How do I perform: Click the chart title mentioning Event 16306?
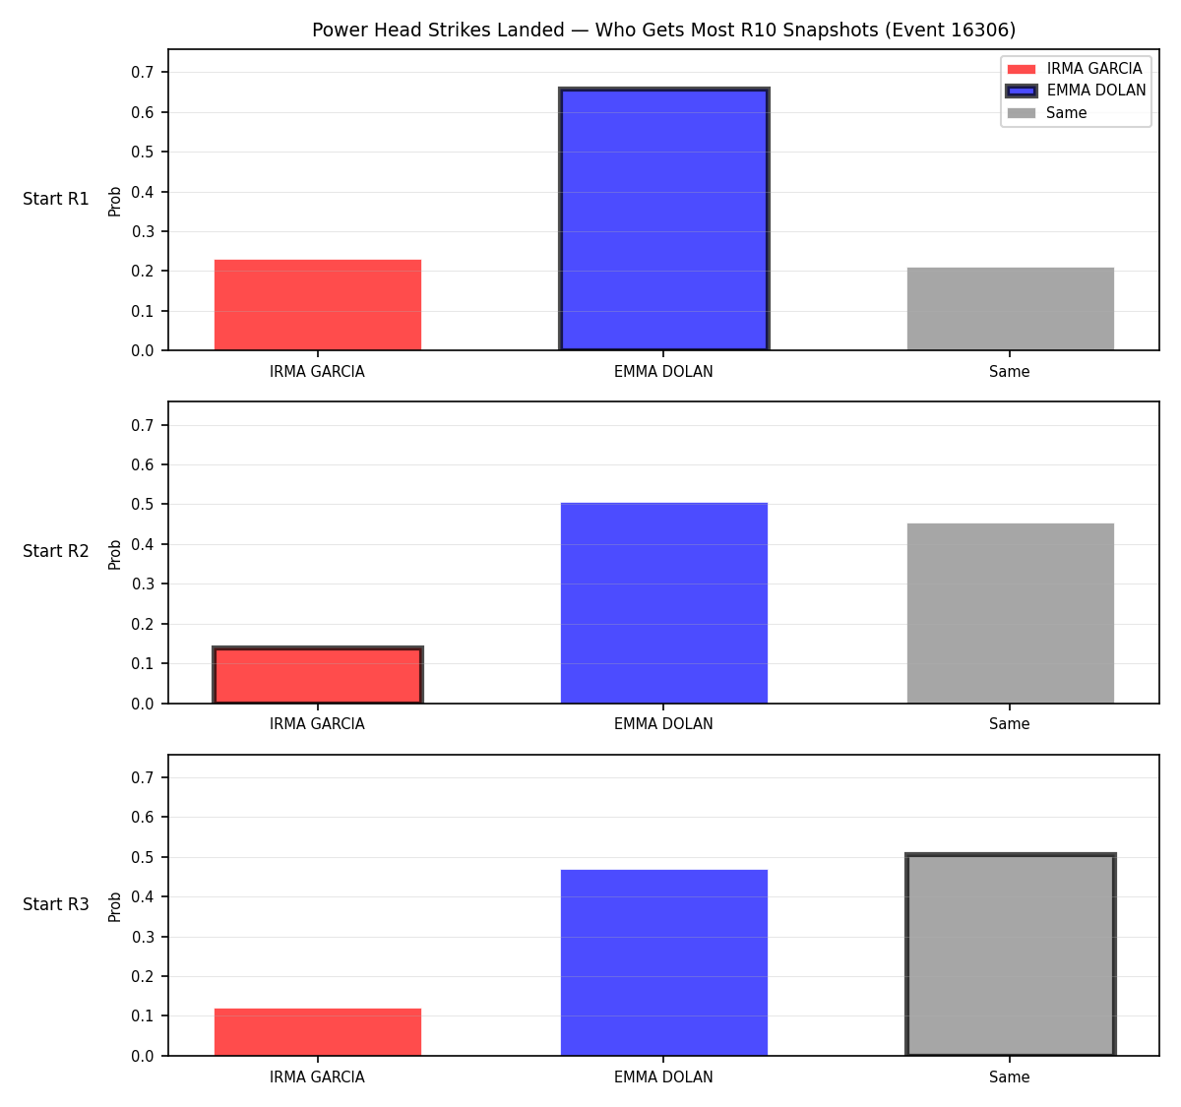click(x=663, y=30)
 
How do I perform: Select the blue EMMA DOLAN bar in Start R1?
click(x=663, y=218)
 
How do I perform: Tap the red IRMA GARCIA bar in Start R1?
click(x=318, y=305)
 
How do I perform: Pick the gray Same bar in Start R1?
click(x=1010, y=309)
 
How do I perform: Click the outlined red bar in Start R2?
click(x=318, y=675)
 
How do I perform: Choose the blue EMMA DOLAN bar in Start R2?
click(x=663, y=602)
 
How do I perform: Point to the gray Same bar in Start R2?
click(x=1010, y=613)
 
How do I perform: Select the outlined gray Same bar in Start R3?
click(x=1010, y=954)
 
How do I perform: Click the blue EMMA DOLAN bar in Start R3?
click(x=663, y=962)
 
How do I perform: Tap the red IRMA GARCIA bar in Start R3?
click(x=318, y=1032)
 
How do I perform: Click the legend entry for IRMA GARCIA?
click(x=1075, y=69)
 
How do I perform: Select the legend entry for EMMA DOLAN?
click(x=1076, y=91)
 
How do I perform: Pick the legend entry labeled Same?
click(x=1046, y=112)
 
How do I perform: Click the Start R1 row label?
click(x=55, y=199)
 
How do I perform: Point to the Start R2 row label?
click(x=55, y=551)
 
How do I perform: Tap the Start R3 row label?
click(x=55, y=904)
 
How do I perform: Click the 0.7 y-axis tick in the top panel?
click(x=142, y=73)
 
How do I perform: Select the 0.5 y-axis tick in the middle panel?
click(x=142, y=505)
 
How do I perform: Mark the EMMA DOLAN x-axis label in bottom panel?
click(x=663, y=1076)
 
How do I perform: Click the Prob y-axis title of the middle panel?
click(x=114, y=554)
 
